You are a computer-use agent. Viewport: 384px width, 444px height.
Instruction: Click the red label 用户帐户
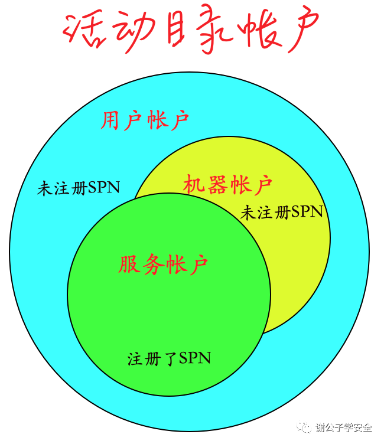(x=145, y=120)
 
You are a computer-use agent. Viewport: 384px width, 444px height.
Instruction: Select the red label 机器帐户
(x=227, y=184)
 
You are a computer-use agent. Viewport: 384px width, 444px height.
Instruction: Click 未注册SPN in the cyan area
(x=79, y=188)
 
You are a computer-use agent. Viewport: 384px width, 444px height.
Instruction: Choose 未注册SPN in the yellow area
(x=282, y=212)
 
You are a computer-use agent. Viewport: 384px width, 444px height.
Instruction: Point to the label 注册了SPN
(x=170, y=358)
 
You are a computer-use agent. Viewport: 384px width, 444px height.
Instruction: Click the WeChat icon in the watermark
(x=305, y=426)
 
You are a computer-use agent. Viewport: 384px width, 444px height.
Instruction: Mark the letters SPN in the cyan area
(x=104, y=188)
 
